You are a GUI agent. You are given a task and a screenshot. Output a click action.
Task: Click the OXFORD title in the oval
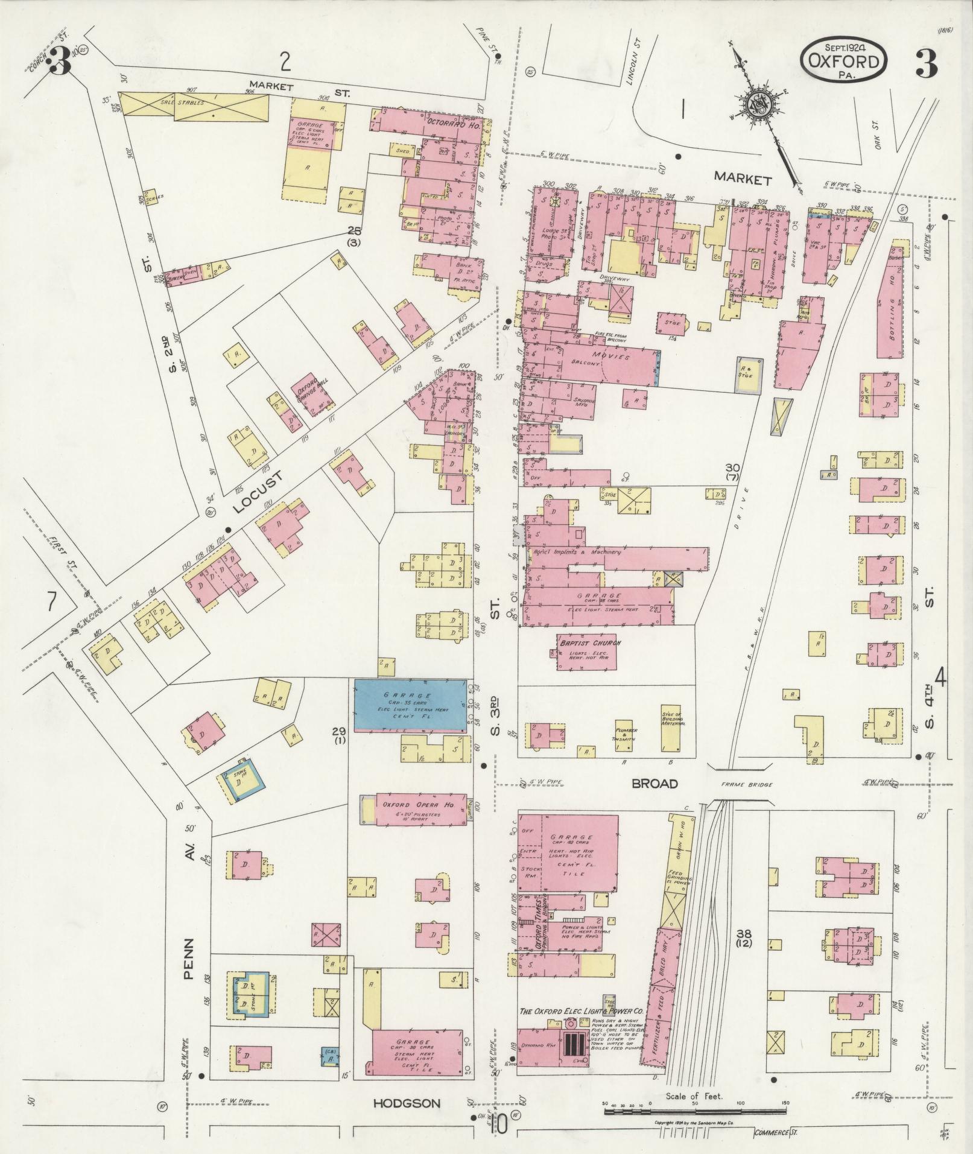click(843, 61)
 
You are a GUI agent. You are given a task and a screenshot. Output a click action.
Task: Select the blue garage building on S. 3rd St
click(410, 705)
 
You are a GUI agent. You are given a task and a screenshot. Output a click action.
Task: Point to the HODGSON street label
click(406, 1103)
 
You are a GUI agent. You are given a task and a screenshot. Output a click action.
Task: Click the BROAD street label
click(654, 784)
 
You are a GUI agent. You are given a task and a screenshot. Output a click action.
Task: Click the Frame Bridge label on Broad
click(747, 785)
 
